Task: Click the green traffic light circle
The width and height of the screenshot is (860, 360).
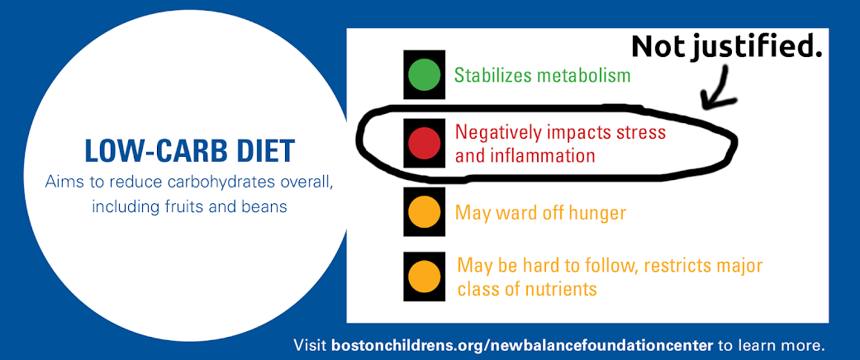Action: tap(424, 75)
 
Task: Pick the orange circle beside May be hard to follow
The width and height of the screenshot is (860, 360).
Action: tap(424, 277)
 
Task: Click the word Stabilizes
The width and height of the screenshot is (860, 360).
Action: tap(491, 75)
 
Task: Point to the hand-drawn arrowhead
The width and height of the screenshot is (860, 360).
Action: tap(711, 99)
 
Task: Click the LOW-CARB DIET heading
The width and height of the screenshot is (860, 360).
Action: tap(189, 152)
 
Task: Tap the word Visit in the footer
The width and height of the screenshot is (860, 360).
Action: tap(311, 344)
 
